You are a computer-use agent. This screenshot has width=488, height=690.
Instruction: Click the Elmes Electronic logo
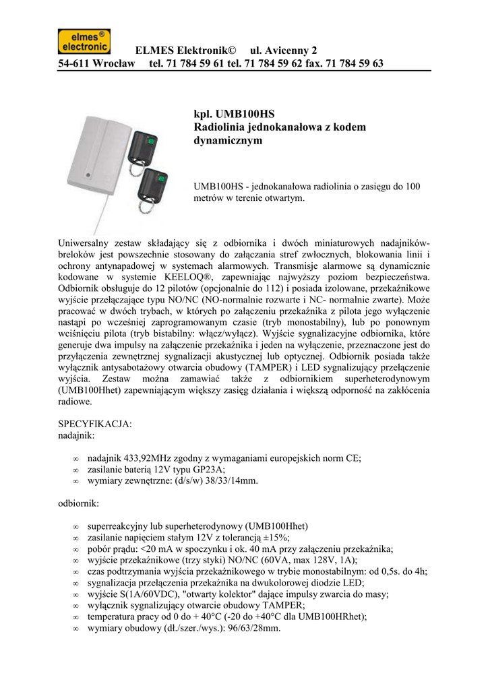[84, 42]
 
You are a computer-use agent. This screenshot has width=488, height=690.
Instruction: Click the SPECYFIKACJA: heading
[96, 425]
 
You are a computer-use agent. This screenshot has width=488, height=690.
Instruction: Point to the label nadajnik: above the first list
[78, 436]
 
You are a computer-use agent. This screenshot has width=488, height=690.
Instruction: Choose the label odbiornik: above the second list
[80, 503]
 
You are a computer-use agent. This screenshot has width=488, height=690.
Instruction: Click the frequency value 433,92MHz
[148, 458]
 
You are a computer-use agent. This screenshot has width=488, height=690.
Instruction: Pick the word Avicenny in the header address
[278, 51]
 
